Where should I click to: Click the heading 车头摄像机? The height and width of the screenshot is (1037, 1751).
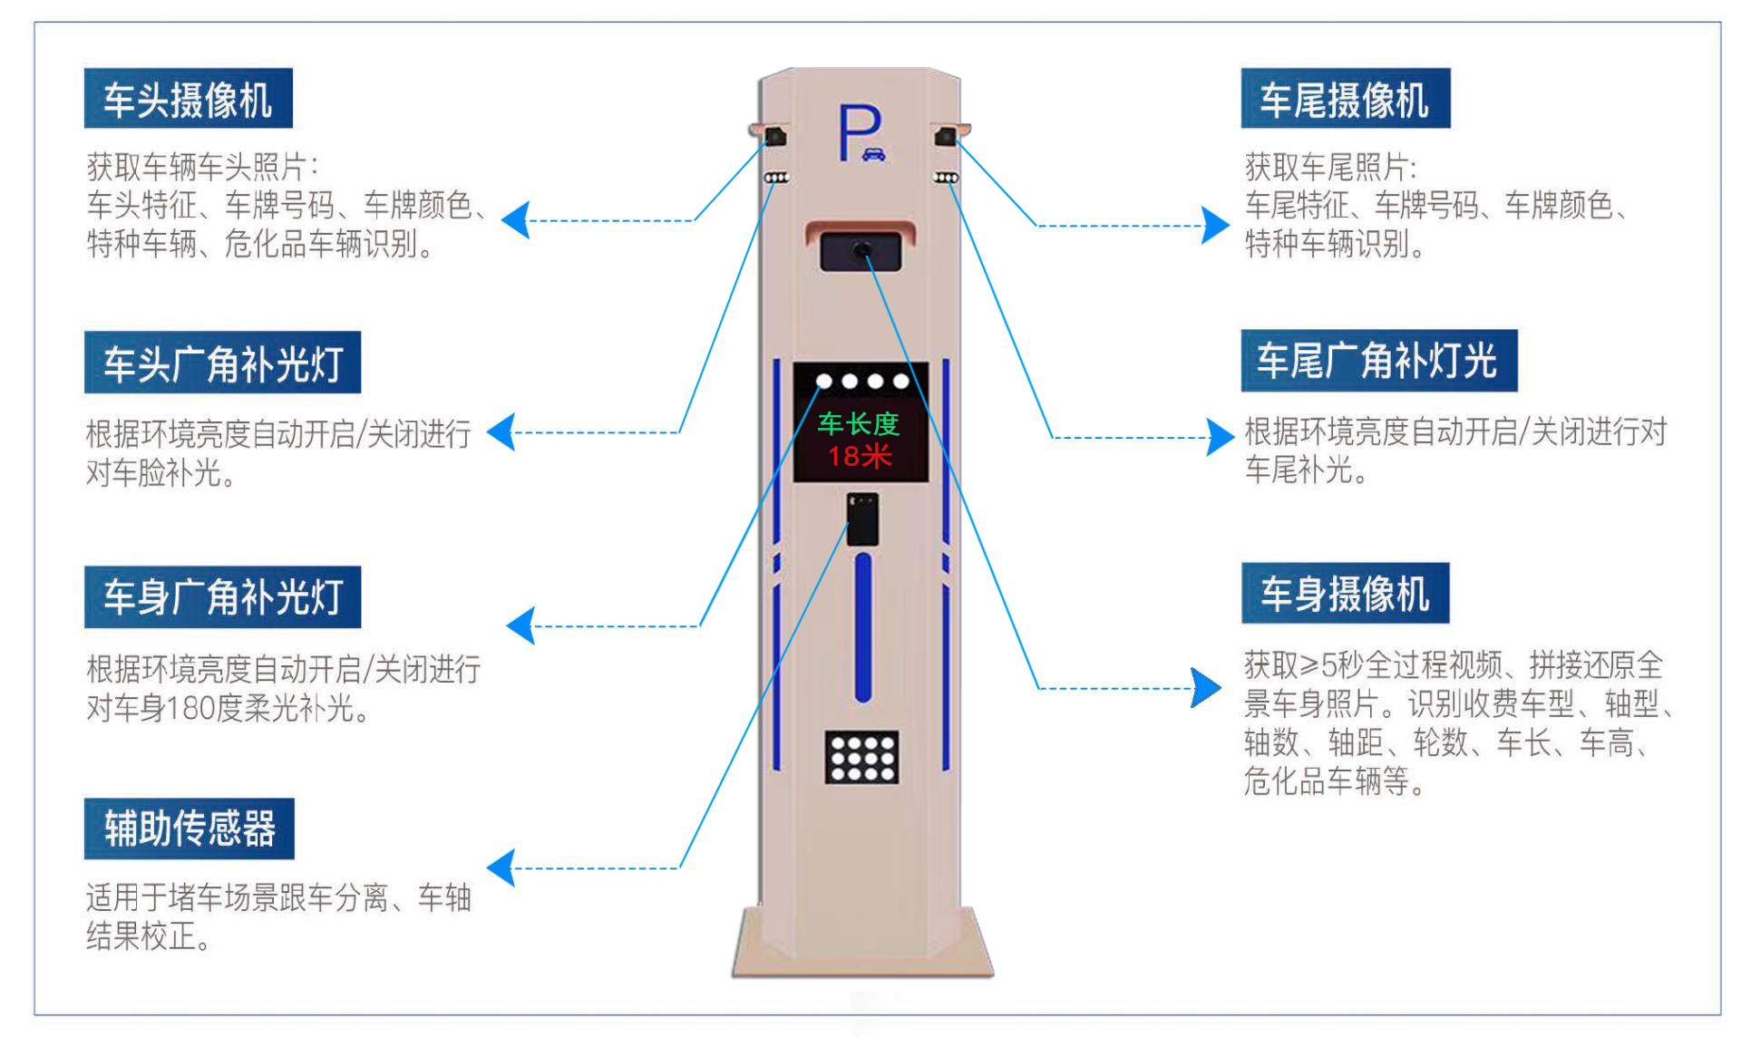188,99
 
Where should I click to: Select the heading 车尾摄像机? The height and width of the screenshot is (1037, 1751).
1345,99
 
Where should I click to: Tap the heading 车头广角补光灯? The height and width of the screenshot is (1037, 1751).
222,363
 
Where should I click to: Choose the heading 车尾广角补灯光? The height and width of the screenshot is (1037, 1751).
1378,361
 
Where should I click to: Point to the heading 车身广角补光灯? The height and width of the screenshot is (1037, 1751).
222,597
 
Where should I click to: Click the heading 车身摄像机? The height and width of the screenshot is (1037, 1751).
1345,594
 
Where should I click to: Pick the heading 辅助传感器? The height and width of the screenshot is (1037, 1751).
189,829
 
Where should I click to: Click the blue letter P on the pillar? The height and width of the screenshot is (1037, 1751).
858,132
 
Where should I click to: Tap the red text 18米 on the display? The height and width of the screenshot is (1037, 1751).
860,455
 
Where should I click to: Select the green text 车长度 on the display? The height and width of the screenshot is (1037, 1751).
858,423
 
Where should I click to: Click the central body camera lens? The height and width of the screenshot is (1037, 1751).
862,249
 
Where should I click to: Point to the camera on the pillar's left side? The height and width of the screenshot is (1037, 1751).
775,137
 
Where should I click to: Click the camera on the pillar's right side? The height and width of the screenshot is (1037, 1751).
945,137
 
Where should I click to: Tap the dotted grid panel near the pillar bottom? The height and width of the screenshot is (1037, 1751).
861,757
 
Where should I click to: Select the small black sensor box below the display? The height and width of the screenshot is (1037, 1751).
862,519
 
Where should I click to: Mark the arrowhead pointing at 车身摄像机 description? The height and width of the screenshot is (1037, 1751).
1206,688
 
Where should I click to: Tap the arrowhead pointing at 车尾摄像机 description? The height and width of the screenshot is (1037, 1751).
1215,225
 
